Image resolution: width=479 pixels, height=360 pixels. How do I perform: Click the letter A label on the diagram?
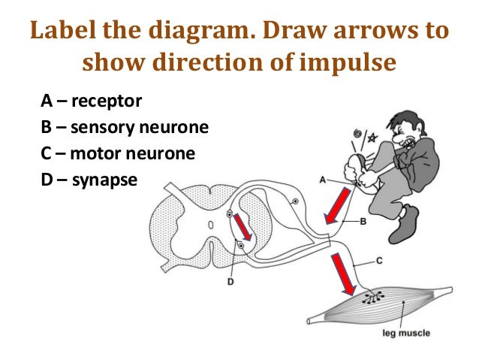coord(322,180)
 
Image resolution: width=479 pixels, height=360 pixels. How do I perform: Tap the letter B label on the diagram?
coord(363,222)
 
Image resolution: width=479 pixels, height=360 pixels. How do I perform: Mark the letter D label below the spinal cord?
coord(230,282)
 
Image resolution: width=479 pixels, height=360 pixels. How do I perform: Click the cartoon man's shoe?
coord(410,221)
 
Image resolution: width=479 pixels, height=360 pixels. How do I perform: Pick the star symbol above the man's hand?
coord(370,137)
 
